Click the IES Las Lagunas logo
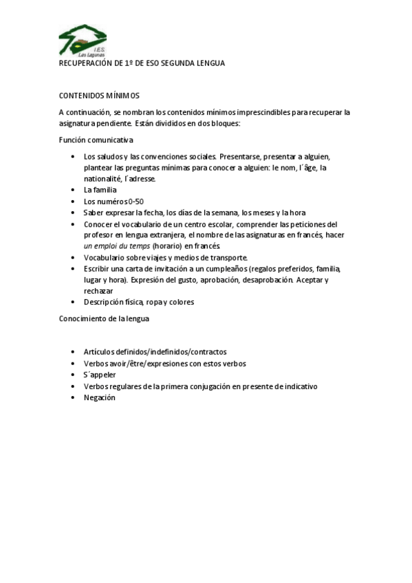pos(82,41)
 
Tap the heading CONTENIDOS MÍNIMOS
pos(99,96)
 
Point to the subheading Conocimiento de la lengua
pos(104,318)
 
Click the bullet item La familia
pos(100,190)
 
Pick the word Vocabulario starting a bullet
pos(105,257)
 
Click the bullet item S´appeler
pos(100,375)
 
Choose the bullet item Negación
pos(100,397)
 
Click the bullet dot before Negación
pos(74,397)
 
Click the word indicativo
pos(294,386)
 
